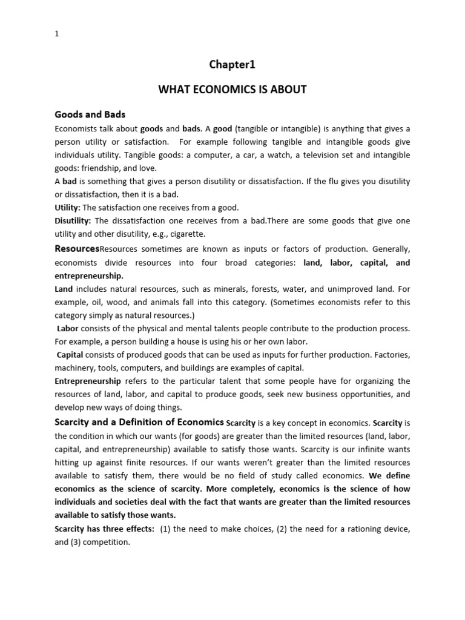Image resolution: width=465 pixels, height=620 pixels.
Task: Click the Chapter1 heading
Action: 232,64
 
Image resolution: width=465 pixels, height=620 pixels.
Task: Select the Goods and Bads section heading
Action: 90,114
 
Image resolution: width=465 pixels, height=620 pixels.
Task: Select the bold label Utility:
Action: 67,208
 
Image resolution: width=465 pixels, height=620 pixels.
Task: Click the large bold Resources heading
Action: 77,249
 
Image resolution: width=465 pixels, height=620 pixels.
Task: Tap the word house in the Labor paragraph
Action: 180,341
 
